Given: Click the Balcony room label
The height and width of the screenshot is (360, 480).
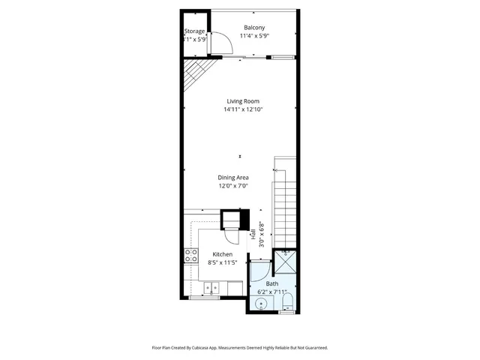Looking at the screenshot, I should point(251,28).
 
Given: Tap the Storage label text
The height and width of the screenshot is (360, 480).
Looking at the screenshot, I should point(195,31).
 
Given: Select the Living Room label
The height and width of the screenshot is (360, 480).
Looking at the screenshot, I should point(243,101).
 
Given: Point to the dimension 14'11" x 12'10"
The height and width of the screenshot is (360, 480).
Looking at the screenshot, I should point(243,109).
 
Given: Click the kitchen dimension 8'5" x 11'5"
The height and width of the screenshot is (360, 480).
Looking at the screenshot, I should point(222,262).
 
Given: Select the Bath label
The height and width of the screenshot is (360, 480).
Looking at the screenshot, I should point(271,284).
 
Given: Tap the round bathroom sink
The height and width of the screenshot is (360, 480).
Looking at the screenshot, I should point(260,304).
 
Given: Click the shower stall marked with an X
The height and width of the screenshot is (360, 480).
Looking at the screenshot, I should point(285,262).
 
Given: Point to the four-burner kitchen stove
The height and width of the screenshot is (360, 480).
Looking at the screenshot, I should point(190,255).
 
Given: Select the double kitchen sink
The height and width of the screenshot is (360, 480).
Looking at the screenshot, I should point(213,286).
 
